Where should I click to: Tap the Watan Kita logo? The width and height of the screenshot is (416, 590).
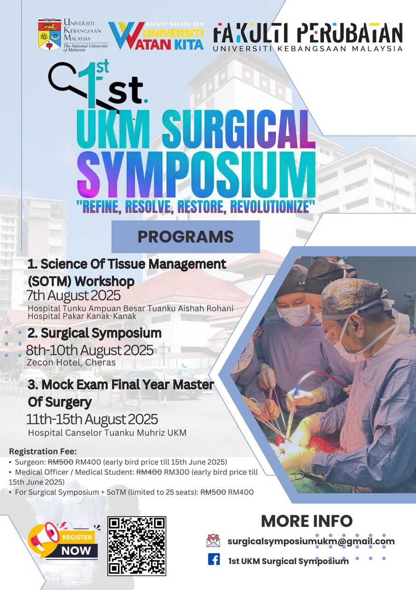[156, 35]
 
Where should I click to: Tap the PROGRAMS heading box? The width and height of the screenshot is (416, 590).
[185, 236]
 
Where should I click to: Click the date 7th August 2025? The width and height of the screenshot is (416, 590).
[73, 295]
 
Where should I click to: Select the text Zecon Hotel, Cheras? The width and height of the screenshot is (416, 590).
[71, 362]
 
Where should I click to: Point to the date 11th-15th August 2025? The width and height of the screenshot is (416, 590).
[92, 419]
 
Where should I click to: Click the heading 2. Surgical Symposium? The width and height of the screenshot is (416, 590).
[94, 333]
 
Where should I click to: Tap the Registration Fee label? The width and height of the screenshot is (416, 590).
[43, 451]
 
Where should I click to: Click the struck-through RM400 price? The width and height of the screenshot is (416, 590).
[149, 472]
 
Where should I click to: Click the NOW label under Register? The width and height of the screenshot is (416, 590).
[76, 551]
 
